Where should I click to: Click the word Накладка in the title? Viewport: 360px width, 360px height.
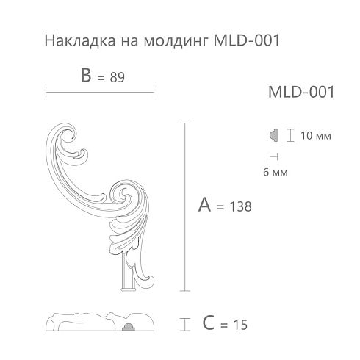coord(80,40)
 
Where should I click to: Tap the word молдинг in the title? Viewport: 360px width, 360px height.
coord(176,41)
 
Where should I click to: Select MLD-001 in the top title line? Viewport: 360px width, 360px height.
coord(247,40)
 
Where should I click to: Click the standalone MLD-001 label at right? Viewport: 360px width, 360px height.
coord(301,92)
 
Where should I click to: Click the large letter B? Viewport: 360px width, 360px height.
coord(86,75)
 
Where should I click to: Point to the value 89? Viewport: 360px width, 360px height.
coord(117,77)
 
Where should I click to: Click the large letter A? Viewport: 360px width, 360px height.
coord(204,204)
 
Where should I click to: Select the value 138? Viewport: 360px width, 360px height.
coord(240,206)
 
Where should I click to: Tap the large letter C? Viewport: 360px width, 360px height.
coord(209,323)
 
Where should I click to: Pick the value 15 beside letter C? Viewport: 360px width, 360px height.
coord(240,325)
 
